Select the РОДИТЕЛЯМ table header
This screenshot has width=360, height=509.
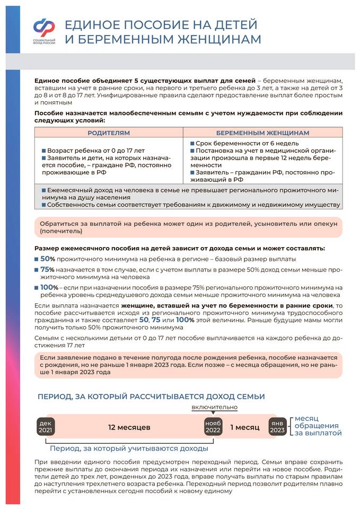tap(109, 133)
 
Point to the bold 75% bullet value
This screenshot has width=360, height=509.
tap(48, 269)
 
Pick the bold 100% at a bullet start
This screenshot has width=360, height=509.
tap(50, 287)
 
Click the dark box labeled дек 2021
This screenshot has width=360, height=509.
tap(46, 427)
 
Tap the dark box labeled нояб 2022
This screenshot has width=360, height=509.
tap(213, 427)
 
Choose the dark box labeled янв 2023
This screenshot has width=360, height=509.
tap(277, 427)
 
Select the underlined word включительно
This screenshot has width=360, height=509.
tap(214, 407)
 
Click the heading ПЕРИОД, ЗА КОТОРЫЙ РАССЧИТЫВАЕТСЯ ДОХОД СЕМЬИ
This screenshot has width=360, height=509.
tap(151, 396)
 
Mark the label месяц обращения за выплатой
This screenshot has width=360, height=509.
tap(317, 426)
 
